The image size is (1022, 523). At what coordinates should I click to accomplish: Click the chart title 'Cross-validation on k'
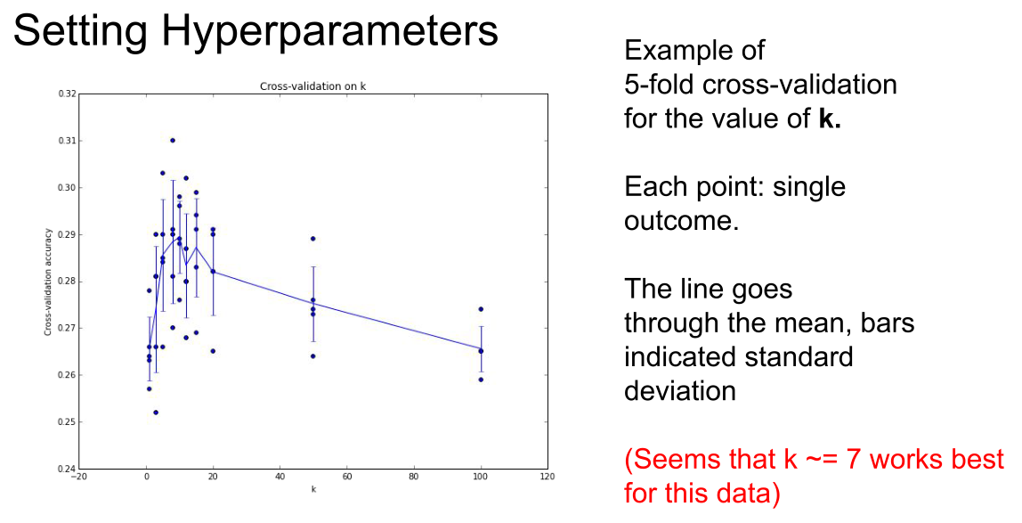click(312, 86)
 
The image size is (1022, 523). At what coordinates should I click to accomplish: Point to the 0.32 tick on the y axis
click(67, 94)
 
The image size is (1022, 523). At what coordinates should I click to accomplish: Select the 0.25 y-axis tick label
click(67, 422)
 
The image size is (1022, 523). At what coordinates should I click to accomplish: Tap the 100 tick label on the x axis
click(481, 477)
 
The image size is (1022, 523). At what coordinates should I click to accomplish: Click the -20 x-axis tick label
click(78, 477)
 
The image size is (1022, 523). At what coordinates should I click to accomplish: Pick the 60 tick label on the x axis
click(347, 477)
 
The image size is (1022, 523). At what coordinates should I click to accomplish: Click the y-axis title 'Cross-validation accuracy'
click(47, 282)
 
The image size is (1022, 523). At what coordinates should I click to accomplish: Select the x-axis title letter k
click(313, 489)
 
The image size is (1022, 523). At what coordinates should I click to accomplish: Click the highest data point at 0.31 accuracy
click(172, 140)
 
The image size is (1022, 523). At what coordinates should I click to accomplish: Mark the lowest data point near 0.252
click(155, 413)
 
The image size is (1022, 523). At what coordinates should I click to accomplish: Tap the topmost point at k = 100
click(481, 309)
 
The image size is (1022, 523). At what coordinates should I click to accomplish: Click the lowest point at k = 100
click(481, 380)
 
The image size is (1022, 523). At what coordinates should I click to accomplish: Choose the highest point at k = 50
click(312, 239)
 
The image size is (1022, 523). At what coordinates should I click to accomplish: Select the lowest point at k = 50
click(312, 356)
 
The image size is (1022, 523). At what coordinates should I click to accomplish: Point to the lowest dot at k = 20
click(213, 351)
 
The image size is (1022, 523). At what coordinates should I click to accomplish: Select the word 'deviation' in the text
click(680, 390)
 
